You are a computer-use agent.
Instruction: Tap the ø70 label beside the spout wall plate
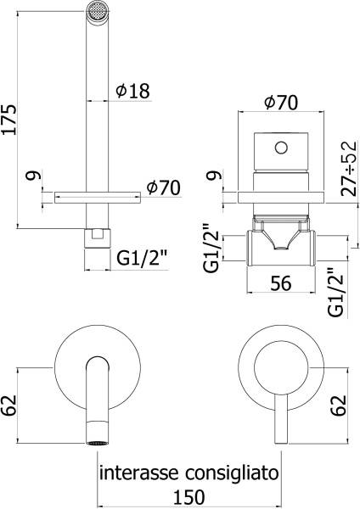[163, 187]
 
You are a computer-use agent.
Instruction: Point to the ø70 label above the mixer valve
[280, 103]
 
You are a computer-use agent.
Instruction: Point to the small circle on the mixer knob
[280, 149]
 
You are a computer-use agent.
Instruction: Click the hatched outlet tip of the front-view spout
[95, 441]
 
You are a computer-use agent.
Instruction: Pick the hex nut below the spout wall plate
[95, 235]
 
